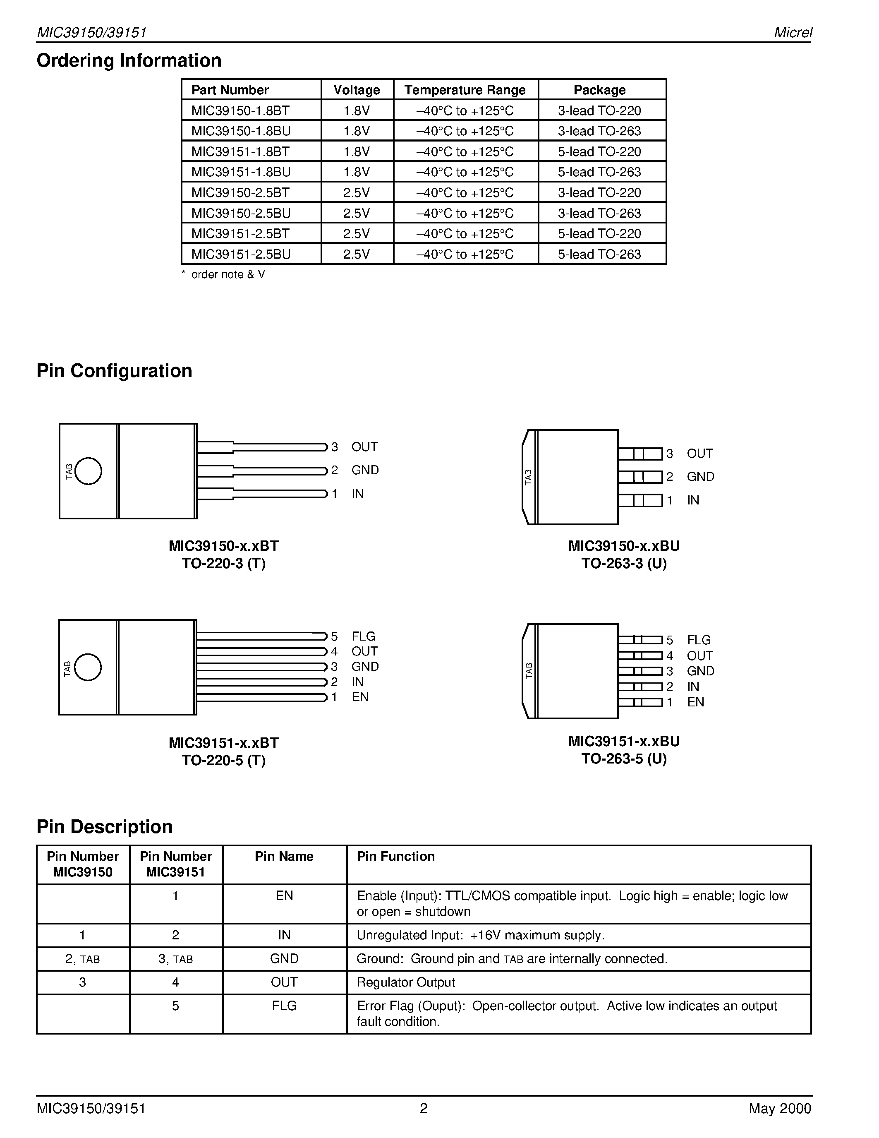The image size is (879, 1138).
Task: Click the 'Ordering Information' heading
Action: pos(129,60)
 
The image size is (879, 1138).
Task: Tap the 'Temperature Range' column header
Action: pos(465,90)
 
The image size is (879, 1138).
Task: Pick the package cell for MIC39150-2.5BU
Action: pos(599,213)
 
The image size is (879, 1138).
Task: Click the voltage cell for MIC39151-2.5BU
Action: pos(356,254)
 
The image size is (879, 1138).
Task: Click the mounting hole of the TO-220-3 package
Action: pos(88,471)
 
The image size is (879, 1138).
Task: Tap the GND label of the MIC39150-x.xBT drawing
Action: pos(364,470)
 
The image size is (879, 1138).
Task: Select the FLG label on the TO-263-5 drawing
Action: pos(698,640)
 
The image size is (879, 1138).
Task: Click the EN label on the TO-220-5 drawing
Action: pos(360,697)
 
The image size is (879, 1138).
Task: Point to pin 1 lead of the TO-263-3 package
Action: pos(640,500)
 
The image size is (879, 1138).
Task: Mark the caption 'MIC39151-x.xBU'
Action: pos(623,742)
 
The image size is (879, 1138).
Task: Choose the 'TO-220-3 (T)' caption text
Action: pos(223,564)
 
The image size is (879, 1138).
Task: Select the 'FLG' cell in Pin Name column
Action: pos(284,1006)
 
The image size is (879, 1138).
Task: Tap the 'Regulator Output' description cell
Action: pos(406,982)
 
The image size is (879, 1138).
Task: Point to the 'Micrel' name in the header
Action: pos(793,32)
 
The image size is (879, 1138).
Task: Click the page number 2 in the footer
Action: pos(423,1108)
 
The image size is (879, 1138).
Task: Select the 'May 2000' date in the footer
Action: pos(780,1108)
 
